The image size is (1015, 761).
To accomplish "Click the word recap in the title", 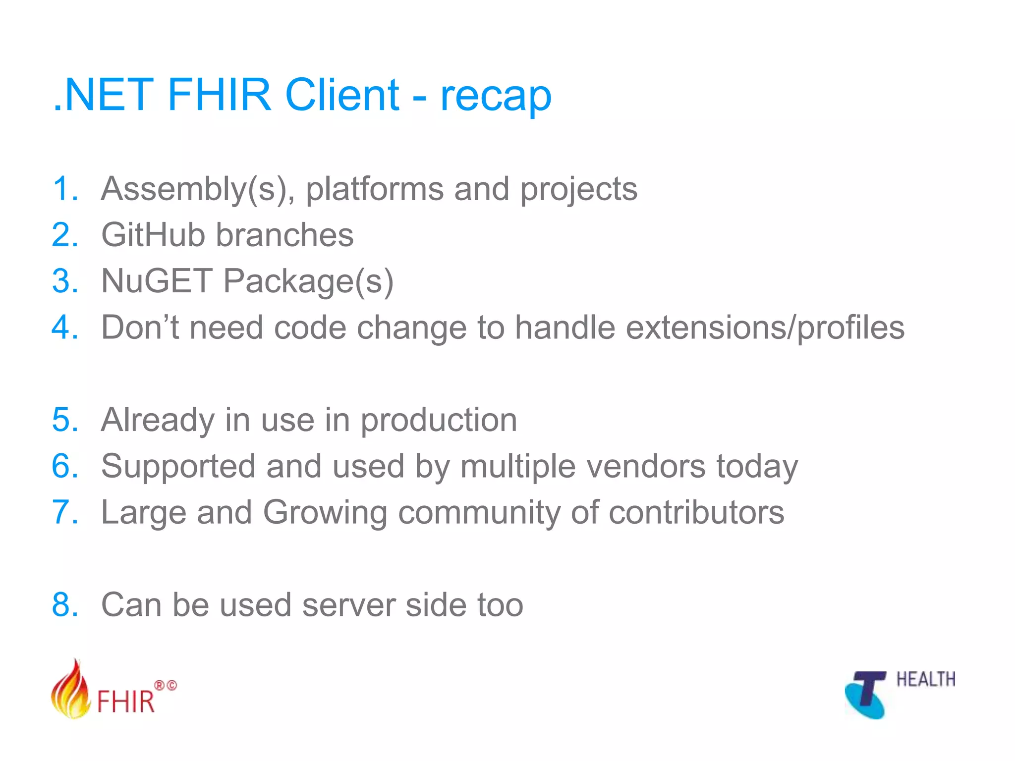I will pyautogui.click(x=496, y=97).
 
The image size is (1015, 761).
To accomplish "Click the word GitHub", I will pyautogui.click(x=153, y=235).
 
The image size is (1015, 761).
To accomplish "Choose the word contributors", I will pyautogui.click(x=696, y=512).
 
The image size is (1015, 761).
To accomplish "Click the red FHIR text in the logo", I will pyautogui.click(x=126, y=702).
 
